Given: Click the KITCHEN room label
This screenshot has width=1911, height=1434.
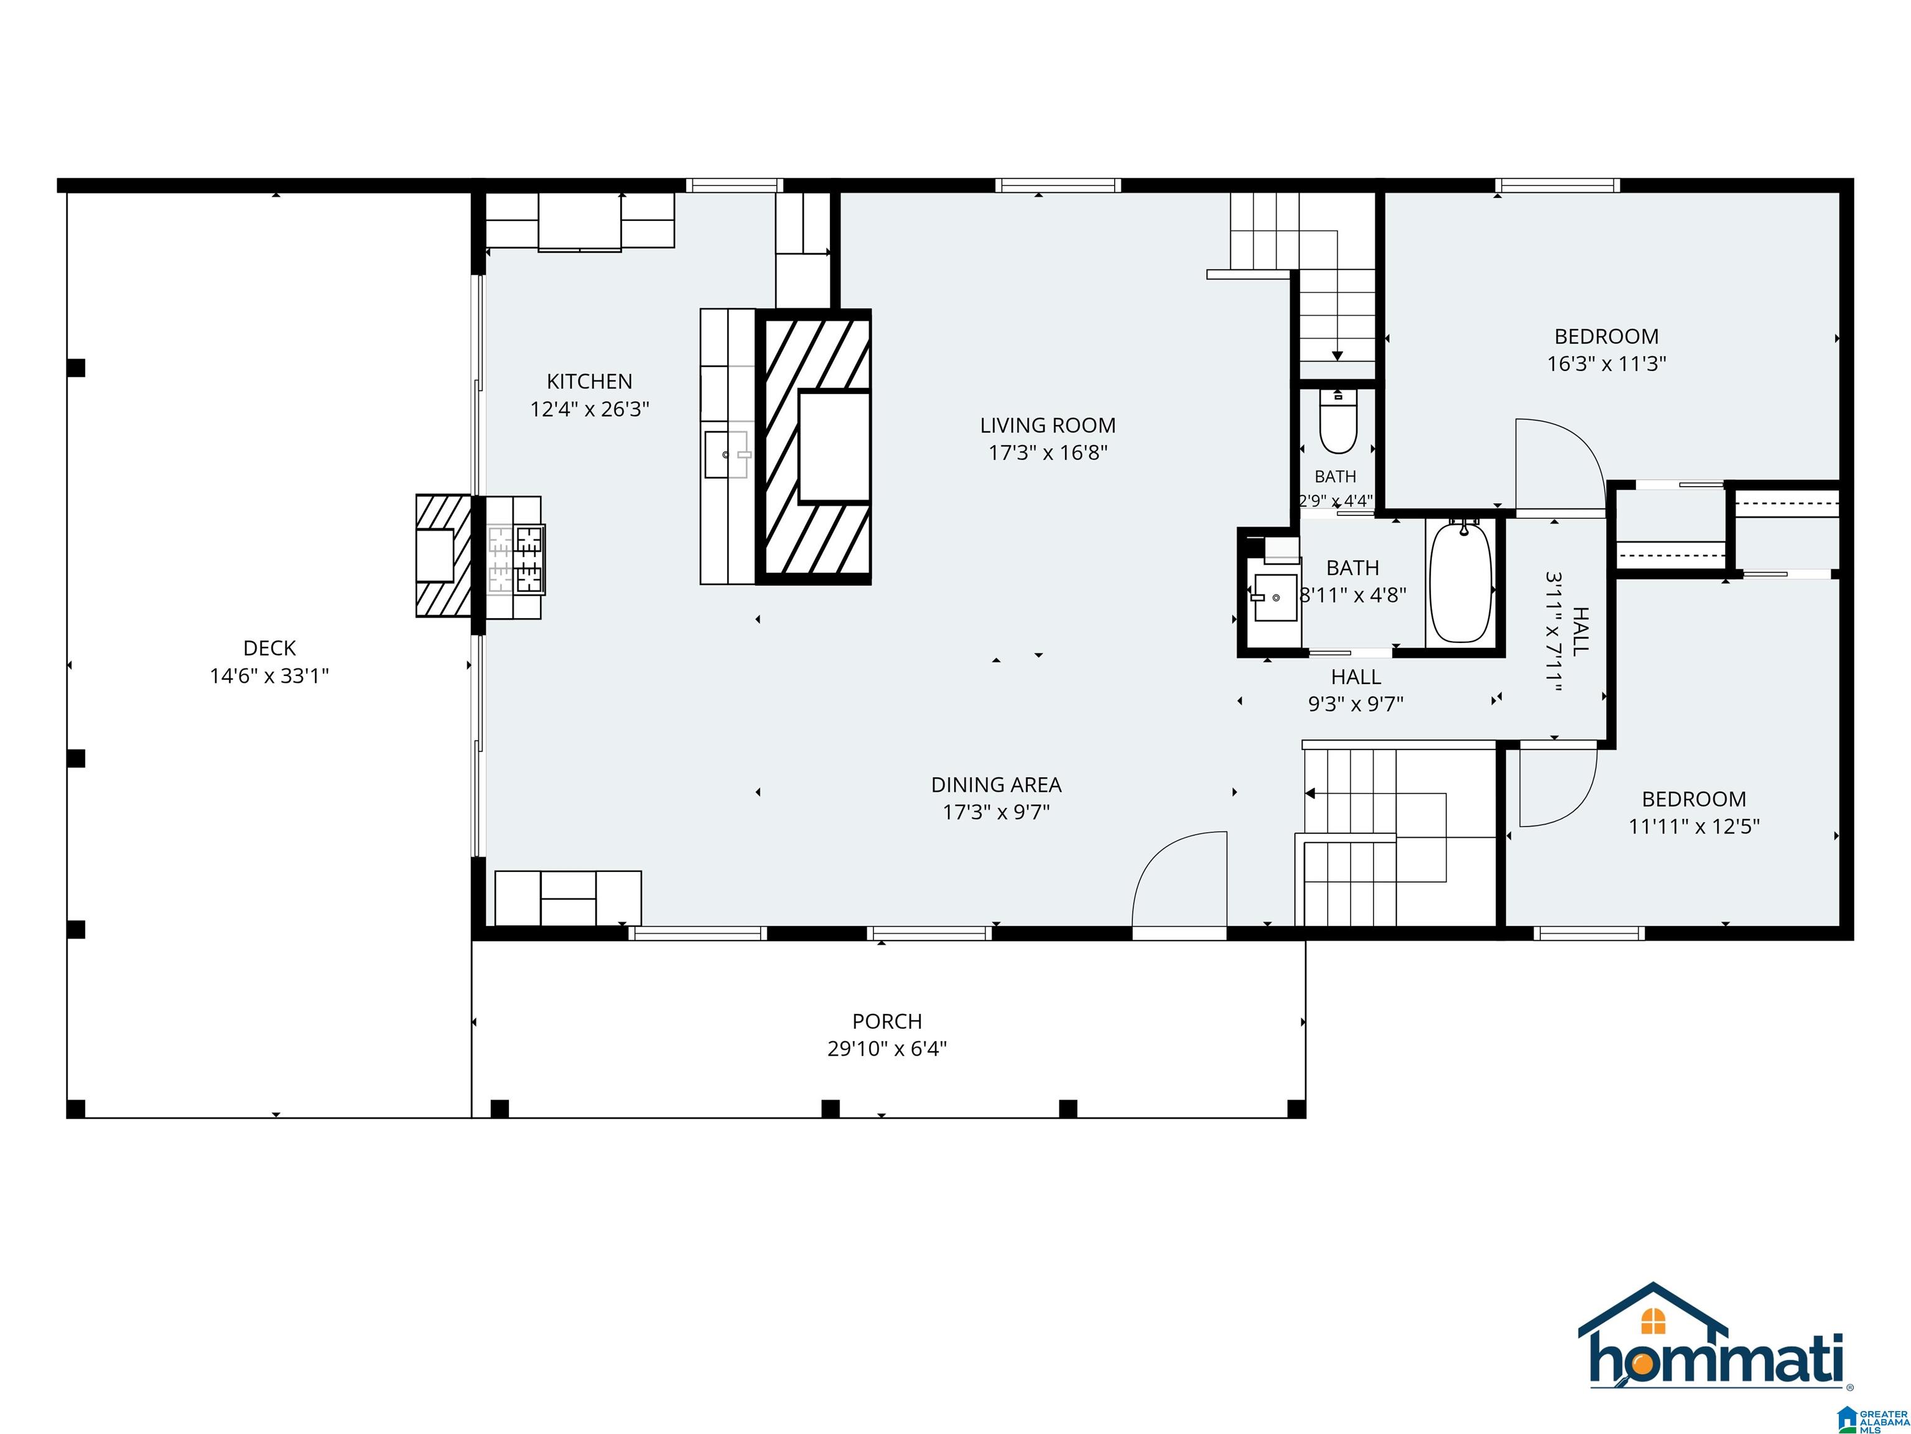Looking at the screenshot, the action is click(589, 381).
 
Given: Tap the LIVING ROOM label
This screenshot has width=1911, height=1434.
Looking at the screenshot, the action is click(1048, 425).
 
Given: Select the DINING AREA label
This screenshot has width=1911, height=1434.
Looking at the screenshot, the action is click(996, 785).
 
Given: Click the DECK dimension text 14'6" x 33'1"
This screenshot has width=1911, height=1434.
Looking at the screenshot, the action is click(269, 676).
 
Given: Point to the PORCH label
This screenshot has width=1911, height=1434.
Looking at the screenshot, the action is click(887, 1022).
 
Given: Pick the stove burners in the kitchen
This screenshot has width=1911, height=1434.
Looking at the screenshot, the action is click(516, 560).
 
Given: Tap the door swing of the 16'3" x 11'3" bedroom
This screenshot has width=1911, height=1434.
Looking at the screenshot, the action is click(1560, 467).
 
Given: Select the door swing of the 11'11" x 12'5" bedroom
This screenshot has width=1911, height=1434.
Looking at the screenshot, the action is click(1558, 785).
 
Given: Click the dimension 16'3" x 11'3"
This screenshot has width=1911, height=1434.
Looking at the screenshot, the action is click(1606, 364).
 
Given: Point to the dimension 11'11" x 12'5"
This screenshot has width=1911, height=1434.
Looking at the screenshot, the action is click(1693, 827).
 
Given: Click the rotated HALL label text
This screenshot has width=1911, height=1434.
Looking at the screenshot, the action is click(1580, 631).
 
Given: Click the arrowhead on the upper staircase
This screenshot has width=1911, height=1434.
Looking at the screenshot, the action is click(1337, 355).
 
